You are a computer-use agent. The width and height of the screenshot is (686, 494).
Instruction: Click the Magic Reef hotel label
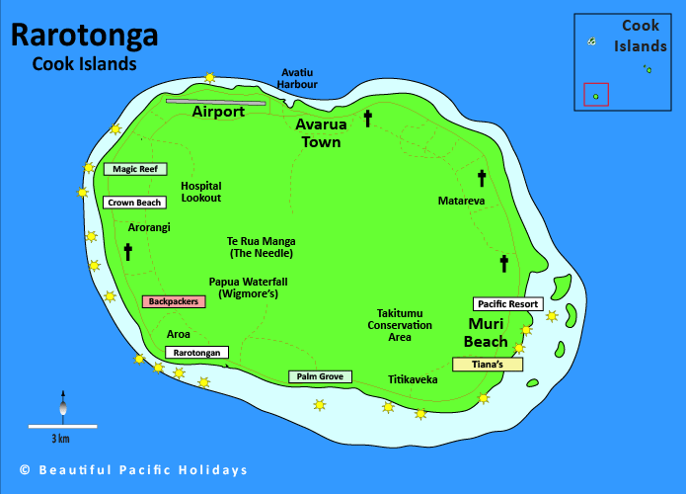coord(134,169)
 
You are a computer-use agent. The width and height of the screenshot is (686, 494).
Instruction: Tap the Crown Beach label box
coord(134,203)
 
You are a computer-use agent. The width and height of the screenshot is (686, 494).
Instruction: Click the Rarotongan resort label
coord(196,353)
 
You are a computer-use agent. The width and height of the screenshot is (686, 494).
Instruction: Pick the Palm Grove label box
coord(319,376)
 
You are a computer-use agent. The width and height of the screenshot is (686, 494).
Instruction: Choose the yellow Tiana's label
coord(487,364)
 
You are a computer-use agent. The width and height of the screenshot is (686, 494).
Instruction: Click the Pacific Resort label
coord(507,304)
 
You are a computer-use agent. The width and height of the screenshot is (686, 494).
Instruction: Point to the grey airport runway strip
coord(215,100)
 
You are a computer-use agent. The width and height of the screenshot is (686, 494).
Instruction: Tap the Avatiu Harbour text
coord(297,78)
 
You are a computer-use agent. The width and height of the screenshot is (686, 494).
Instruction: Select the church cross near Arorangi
coord(127,252)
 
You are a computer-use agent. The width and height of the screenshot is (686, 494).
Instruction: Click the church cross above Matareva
coord(482,179)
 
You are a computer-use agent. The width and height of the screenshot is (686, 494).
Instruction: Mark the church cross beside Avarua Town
coord(368,120)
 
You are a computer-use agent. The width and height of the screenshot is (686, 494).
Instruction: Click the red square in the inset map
coord(595,95)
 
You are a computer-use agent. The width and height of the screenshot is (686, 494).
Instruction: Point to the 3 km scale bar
coord(61,426)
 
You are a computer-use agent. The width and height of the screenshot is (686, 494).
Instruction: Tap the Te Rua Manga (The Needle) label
coord(261,247)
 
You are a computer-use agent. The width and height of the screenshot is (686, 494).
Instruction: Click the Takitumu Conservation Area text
coord(400,324)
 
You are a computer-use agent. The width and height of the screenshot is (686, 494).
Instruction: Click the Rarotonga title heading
coord(84,36)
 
